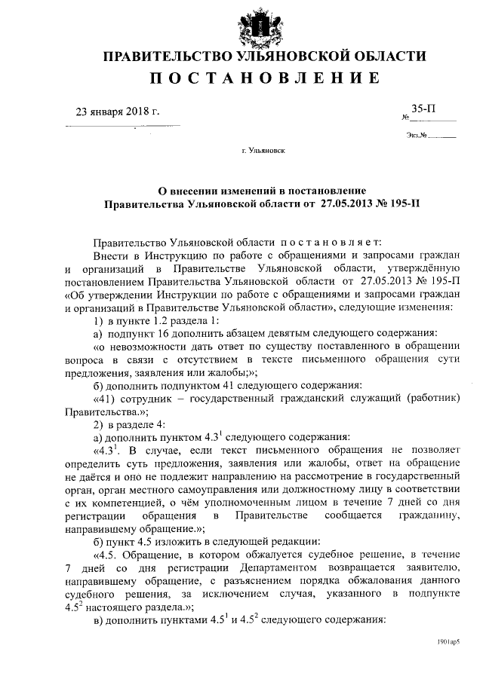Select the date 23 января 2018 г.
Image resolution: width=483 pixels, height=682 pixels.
(118, 112)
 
